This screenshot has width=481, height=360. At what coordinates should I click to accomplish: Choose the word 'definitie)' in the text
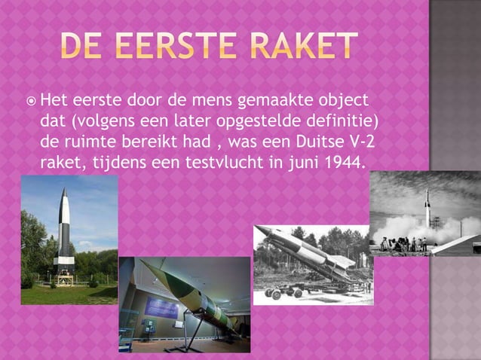coord(339,121)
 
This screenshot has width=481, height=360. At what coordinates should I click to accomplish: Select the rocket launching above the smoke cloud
coord(427,205)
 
